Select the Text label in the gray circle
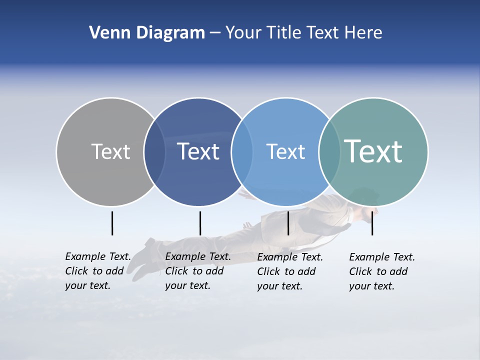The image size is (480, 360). (110, 151)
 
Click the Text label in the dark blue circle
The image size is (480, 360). (198, 151)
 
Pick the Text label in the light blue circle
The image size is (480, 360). (285, 151)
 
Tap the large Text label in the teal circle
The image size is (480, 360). (373, 151)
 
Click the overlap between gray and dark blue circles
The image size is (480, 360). (154, 151)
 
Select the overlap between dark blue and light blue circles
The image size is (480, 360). (242, 151)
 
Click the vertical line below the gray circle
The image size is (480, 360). (112, 223)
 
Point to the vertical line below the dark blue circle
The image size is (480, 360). (200, 223)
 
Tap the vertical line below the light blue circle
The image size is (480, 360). (288, 223)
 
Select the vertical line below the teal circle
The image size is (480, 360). (372, 223)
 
